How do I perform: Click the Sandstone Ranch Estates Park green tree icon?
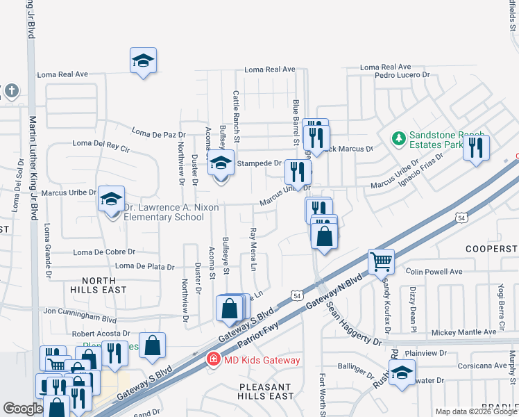coord(399,139)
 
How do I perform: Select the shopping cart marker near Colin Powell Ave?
coord(381,261)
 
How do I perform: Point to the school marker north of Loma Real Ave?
coord(143,60)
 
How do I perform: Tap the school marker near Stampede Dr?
coord(221,165)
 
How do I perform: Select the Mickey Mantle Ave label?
coord(463,332)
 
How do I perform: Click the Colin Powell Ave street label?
coord(434,272)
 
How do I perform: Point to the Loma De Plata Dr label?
coord(144,265)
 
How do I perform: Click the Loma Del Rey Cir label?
coord(101,146)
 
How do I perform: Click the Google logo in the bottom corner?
coord(23,409)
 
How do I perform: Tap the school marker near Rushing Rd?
coord(402,372)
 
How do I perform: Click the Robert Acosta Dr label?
coord(101,334)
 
